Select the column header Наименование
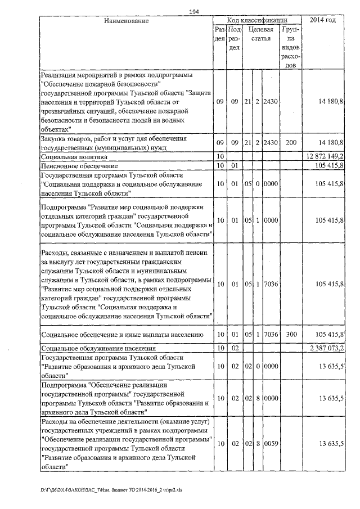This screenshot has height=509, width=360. pyautogui.click(x=126, y=21)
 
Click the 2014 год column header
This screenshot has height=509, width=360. pyautogui.click(x=323, y=20)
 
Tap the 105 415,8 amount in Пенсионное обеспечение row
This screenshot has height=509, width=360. pyautogui.click(x=330, y=166)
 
